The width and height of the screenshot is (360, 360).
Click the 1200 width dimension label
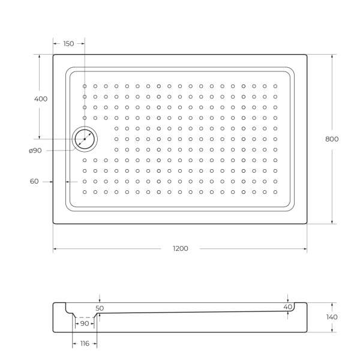tap(180, 248)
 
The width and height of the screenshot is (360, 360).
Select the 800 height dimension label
tap(332, 139)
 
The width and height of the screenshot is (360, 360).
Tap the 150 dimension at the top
tap(68, 44)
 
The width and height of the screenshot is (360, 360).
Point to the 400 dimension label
tap(40, 98)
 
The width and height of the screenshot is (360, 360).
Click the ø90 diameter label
tap(35, 151)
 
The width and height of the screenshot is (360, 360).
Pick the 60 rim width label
tap(34, 181)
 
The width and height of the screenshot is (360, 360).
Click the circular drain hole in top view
tap(85, 139)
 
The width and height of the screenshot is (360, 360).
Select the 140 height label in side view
tap(332, 317)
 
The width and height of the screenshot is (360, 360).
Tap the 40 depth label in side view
tap(288, 307)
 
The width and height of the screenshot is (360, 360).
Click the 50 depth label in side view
tap(100, 308)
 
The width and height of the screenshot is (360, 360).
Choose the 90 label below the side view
tap(84, 323)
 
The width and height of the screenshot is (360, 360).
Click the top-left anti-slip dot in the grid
tap(85, 86)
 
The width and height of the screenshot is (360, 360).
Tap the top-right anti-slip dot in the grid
tap(275, 86)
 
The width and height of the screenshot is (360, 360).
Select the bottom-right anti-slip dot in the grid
tap(275, 192)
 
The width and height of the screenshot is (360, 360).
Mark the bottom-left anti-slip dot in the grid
tap(85, 192)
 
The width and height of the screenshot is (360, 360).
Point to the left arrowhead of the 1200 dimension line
tap(55, 248)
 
